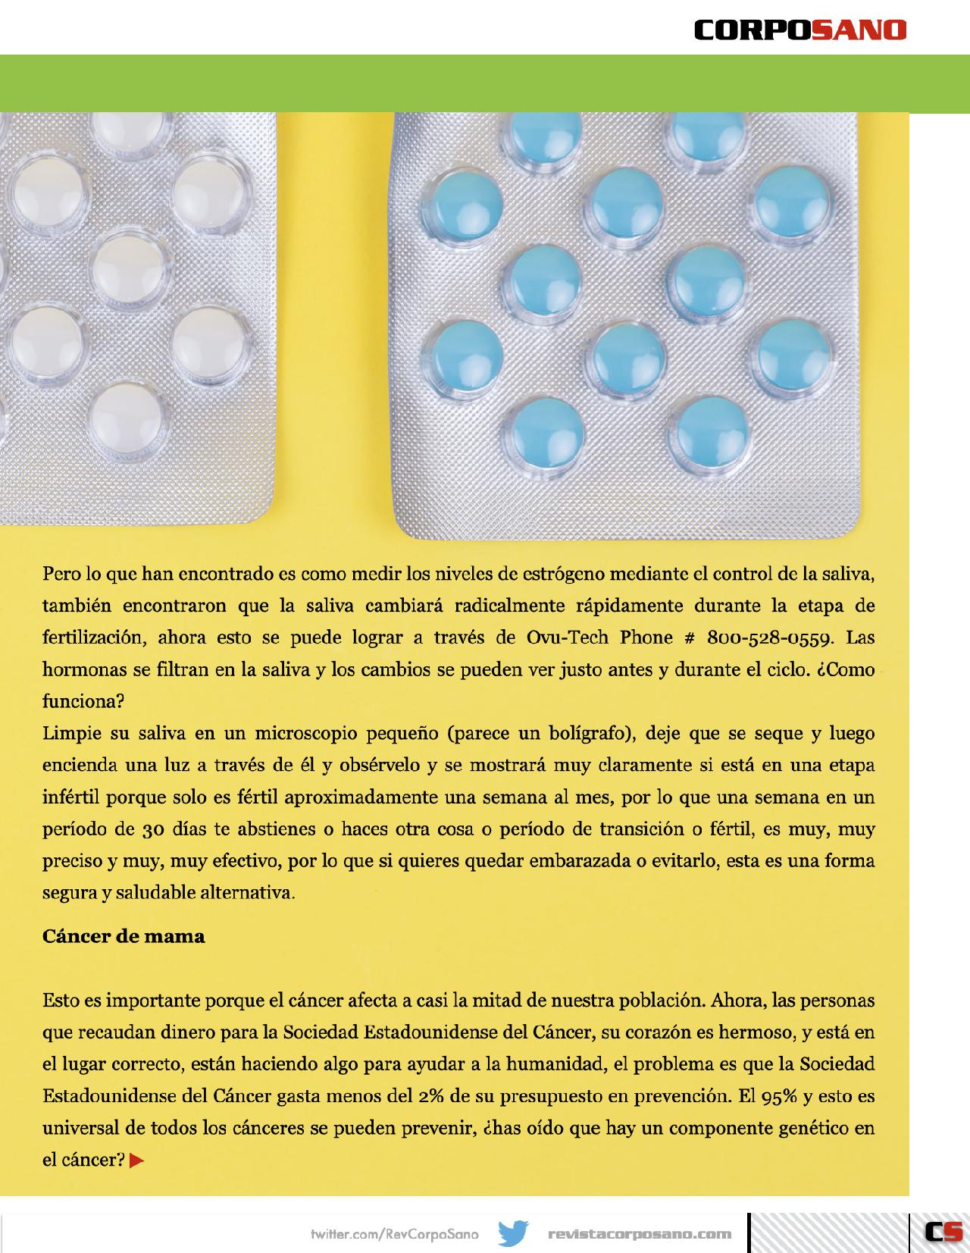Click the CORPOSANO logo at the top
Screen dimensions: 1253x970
pos(800,30)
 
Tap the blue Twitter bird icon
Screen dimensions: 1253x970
pos(513,1233)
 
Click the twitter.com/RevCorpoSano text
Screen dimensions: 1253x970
pos(395,1234)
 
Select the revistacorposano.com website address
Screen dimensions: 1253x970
pos(640,1234)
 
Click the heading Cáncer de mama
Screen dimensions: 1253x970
pos(124,936)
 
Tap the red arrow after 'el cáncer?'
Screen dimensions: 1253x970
pos(137,1160)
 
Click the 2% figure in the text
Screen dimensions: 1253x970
pos(432,1096)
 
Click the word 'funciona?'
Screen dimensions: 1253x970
pos(83,701)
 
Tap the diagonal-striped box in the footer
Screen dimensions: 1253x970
pos(829,1233)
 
